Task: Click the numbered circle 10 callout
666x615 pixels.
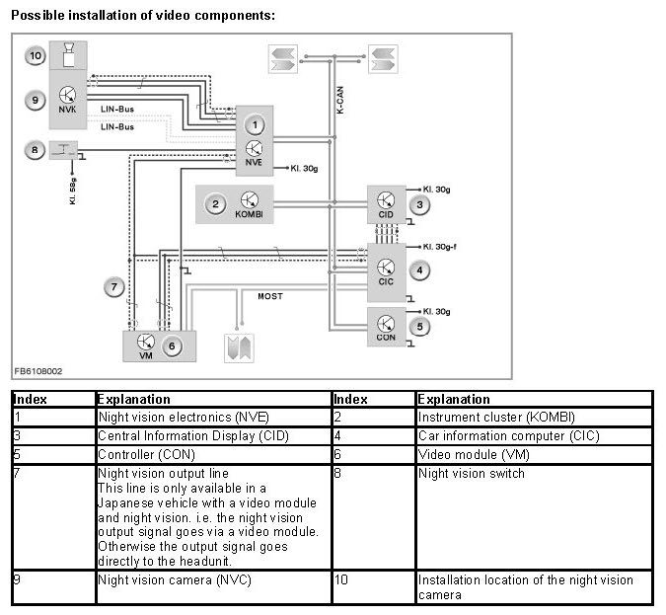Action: [x=37, y=56]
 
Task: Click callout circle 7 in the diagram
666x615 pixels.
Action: [x=116, y=287]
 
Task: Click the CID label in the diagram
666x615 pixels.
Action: [x=386, y=214]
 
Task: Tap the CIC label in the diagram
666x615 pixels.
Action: [x=386, y=280]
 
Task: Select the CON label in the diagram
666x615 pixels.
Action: [x=386, y=337]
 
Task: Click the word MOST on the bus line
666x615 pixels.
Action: [x=270, y=296]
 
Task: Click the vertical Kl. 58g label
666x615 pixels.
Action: [x=72, y=188]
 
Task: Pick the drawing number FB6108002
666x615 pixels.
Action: [x=38, y=372]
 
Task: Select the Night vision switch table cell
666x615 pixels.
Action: [x=471, y=474]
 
